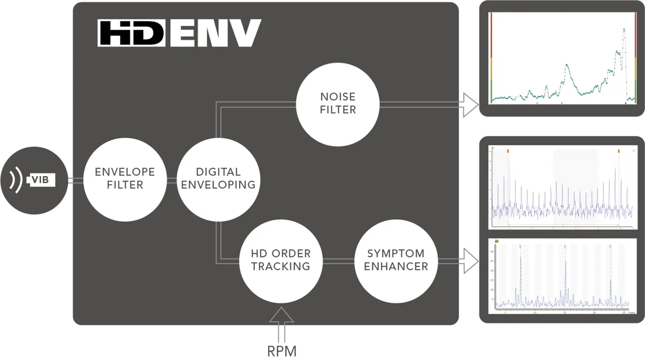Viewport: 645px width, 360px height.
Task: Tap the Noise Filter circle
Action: [x=338, y=104]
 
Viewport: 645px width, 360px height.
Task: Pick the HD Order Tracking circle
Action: [x=281, y=260]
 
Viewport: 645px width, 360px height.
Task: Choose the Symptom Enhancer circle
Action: [x=397, y=260]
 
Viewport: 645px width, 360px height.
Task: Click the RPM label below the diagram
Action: [x=282, y=350]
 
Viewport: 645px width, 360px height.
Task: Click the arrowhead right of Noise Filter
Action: [x=471, y=104]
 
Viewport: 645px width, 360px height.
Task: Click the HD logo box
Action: [x=131, y=33]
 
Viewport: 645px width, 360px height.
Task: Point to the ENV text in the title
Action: [x=215, y=33]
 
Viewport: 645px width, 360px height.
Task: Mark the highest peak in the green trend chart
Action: [x=624, y=29]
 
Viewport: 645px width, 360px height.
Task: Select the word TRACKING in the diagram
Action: [x=281, y=267]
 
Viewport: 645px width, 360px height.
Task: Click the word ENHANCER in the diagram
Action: [x=397, y=267]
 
